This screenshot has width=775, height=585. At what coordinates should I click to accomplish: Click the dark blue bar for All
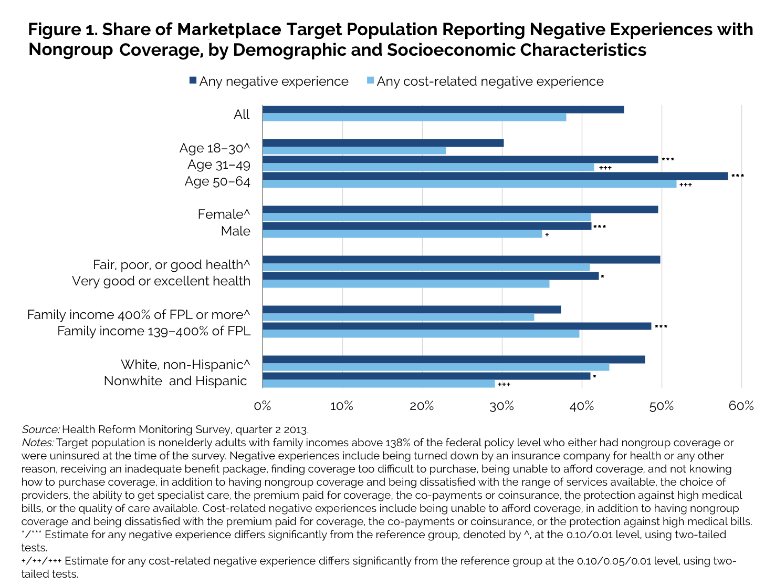[x=443, y=109]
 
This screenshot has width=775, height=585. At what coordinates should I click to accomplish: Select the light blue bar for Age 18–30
[x=354, y=151]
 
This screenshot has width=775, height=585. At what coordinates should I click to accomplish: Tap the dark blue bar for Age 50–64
[x=495, y=176]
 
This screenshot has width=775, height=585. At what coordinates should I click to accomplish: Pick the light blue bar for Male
[x=402, y=234]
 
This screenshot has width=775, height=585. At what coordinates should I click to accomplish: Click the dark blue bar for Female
[x=460, y=209]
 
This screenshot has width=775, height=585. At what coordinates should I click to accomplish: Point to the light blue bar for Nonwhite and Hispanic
[x=379, y=384]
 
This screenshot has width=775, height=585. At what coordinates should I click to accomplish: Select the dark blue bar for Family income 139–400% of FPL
[x=457, y=326]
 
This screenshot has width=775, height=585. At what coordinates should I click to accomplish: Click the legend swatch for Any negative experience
[x=193, y=81]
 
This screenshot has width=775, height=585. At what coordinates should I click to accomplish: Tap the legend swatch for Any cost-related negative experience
[x=370, y=81]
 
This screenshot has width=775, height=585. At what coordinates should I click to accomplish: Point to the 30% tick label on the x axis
[x=502, y=406]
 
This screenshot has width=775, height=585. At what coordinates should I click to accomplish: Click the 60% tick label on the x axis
[x=741, y=406]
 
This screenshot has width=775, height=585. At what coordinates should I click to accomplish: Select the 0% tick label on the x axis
[x=262, y=406]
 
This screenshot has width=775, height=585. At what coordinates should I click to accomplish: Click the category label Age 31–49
[x=219, y=165]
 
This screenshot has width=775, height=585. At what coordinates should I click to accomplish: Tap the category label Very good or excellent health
[x=161, y=281]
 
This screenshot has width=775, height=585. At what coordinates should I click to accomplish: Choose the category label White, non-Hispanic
[x=185, y=364]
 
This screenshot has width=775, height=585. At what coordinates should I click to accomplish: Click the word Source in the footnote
[x=40, y=430]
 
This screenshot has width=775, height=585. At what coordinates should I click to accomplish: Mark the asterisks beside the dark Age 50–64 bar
[x=737, y=176]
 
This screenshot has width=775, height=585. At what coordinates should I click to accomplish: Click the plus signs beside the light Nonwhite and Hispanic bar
[x=504, y=385]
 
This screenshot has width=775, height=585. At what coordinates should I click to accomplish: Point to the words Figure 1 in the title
[x=62, y=29]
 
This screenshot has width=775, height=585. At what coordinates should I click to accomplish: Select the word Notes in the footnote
[x=37, y=443]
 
